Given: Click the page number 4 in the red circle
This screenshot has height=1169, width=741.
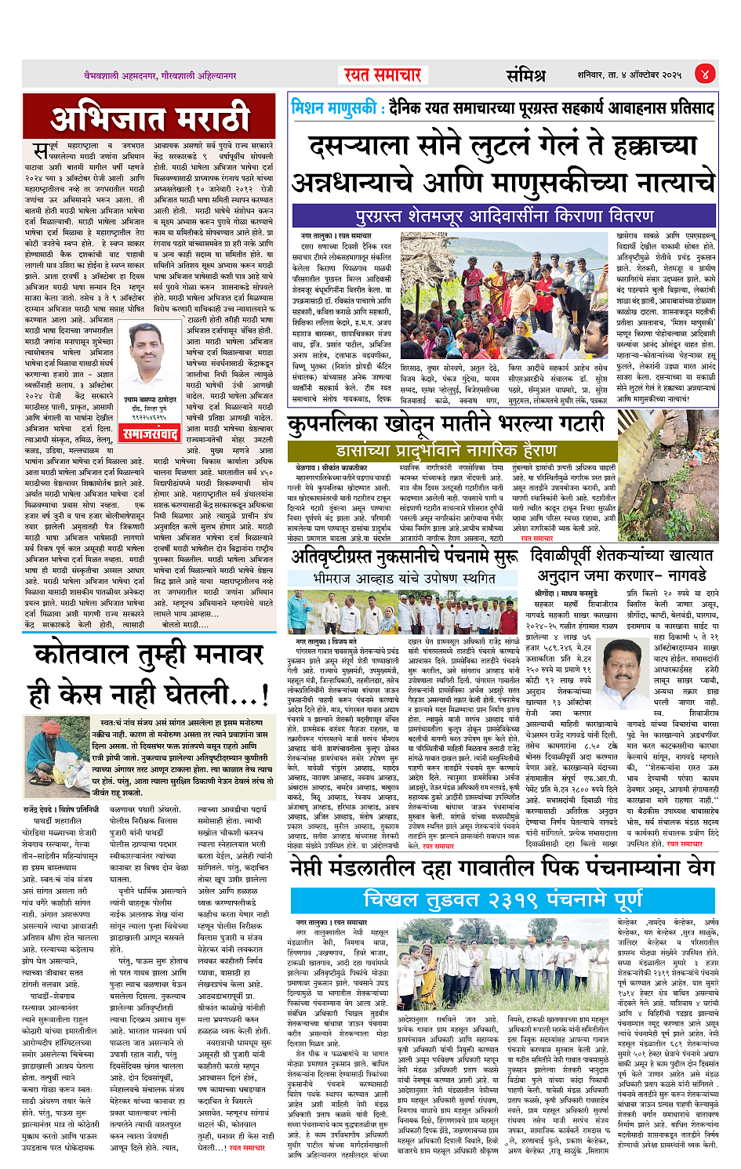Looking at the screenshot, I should tap(705, 74).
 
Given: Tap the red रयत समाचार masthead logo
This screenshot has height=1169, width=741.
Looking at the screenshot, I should tap(383, 74).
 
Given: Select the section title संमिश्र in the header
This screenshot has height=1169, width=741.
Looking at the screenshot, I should tap(525, 75).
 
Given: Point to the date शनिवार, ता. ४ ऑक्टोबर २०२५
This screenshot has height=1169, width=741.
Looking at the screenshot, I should tap(630, 75).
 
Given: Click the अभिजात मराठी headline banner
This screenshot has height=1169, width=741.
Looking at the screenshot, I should tap(150, 119).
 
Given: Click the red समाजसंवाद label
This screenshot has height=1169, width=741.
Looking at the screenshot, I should tap(151, 434).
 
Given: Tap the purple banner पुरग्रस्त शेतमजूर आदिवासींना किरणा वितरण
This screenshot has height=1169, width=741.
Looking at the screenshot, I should tap(504, 216).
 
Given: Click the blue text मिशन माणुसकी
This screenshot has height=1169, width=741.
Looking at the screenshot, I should tap(333, 107).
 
